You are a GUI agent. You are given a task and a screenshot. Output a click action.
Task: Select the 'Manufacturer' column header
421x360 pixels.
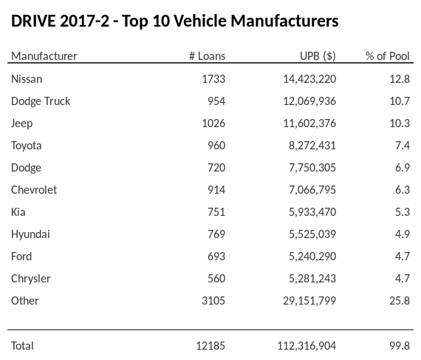44,56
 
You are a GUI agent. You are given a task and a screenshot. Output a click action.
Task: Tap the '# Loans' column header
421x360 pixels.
207,56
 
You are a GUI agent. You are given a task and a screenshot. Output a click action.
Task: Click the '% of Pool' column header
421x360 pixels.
388,56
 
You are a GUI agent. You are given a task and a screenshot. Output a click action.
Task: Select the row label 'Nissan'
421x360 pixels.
27,78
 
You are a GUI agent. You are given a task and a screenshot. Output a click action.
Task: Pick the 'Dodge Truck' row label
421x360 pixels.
41,101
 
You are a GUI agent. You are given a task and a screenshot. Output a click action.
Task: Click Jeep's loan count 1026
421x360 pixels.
213,123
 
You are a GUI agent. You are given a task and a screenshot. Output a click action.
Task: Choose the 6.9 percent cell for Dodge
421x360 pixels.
403,167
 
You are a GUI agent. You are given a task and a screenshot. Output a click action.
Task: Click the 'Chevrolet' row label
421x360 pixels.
34,189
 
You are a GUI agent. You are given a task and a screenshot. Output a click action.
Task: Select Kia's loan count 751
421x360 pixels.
216,211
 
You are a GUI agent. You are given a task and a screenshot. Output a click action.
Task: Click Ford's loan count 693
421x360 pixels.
216,256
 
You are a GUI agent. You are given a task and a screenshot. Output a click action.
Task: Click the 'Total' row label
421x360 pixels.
22,345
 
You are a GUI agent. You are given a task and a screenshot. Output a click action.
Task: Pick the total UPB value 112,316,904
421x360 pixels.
307,345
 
